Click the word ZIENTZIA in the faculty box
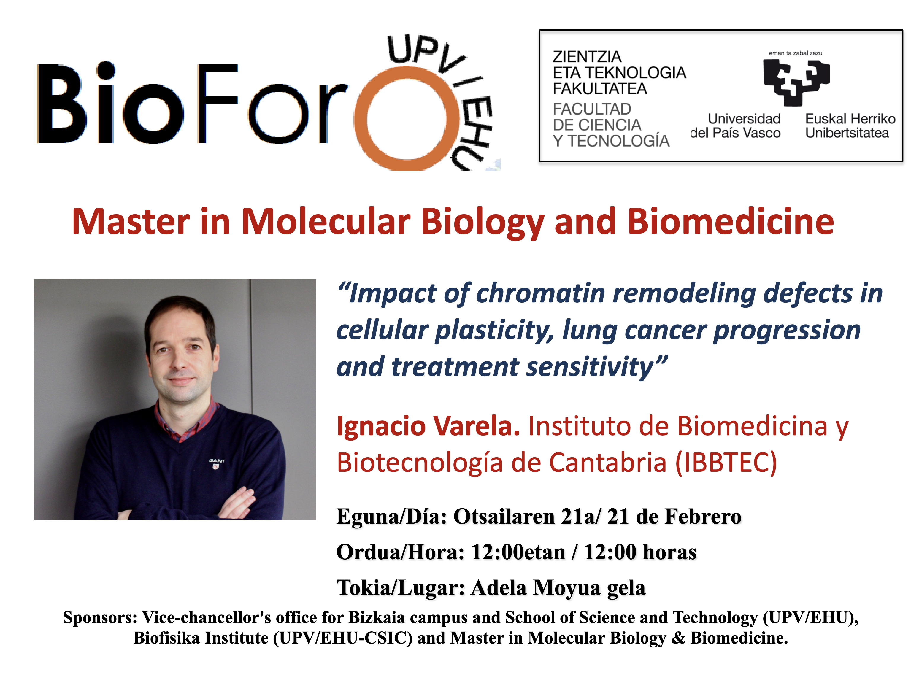tap(587, 56)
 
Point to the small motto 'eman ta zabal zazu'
tap(796, 53)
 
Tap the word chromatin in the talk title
tap(541, 293)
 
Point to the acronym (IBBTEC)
tap(726, 463)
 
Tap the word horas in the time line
tap(670, 552)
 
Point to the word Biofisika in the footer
tap(167, 638)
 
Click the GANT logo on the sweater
tap(217, 463)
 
